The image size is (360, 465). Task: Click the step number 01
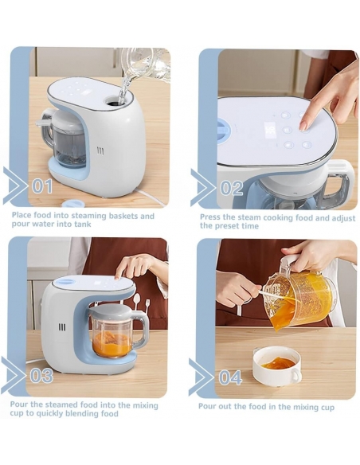[41, 186]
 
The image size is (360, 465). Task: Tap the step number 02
[231, 188]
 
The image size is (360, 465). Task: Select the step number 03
[41, 376]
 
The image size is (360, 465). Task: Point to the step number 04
[230, 377]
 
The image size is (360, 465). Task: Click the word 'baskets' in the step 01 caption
[123, 216]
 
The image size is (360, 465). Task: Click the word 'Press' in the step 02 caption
[210, 217]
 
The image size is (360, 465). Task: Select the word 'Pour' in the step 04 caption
[206, 406]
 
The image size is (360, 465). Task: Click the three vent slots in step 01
[101, 152]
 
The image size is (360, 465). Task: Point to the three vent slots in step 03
[62, 327]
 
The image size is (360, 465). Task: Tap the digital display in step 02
[271, 129]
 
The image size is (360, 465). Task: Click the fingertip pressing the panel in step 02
[304, 126]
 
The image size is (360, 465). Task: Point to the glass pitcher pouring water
[146, 68]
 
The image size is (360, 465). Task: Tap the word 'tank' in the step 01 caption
[83, 224]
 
